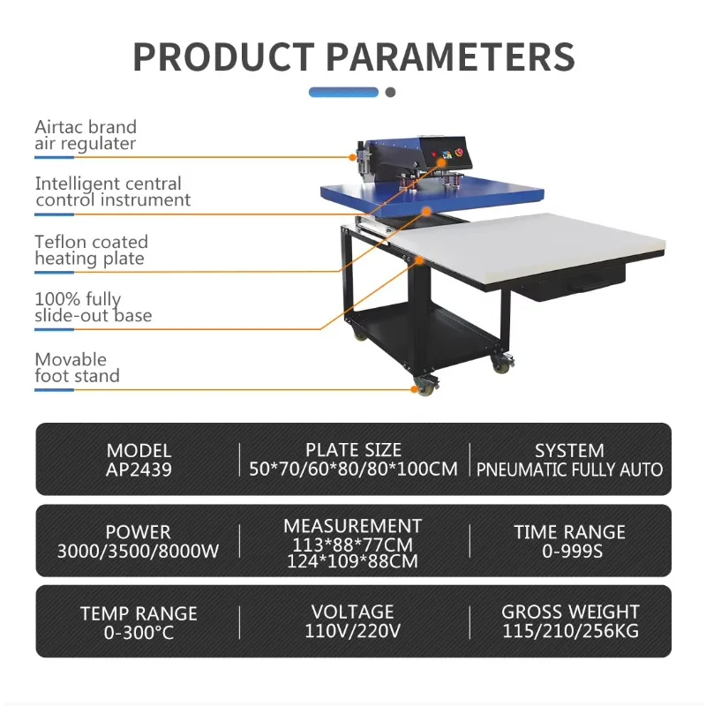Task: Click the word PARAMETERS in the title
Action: [451, 56]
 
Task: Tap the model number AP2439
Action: [139, 469]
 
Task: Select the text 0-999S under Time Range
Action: [569, 551]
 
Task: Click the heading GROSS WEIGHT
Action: [570, 612]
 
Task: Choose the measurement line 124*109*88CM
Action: [352, 560]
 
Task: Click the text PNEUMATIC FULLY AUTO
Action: [569, 469]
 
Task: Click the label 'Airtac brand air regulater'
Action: [86, 135]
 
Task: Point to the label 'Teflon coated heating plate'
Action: [91, 250]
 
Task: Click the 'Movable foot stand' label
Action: [77, 367]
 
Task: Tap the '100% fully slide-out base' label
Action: [93, 307]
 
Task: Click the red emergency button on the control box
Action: [458, 152]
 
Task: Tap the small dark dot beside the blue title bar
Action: [390, 92]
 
